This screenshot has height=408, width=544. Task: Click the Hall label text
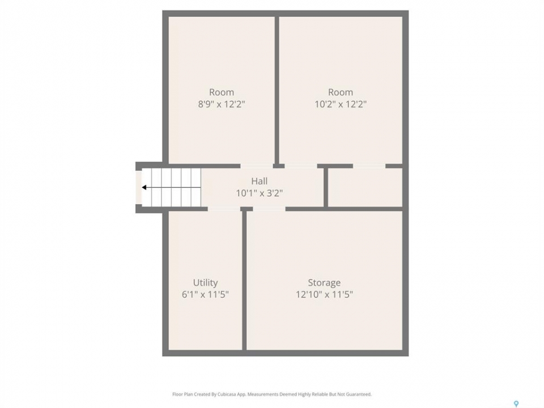coord(259,181)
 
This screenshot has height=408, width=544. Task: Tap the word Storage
coord(324,283)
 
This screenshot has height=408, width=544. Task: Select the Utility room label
coord(205,283)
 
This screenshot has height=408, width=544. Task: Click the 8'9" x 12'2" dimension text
coord(222,104)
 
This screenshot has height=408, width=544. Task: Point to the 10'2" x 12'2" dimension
coord(341,104)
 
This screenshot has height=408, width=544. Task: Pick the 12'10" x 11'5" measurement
coord(324,295)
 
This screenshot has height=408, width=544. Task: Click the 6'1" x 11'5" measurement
coord(205,295)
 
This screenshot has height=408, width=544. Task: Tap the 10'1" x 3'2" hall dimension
coord(259,193)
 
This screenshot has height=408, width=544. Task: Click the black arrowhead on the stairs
coord(144,188)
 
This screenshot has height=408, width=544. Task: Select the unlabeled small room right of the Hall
coord(365,188)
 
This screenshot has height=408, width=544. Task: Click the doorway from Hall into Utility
coord(224,209)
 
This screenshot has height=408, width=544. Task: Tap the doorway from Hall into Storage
coord(269,209)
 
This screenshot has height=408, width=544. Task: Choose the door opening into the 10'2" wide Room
coord(301,166)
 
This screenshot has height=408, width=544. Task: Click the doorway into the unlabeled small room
coord(369,166)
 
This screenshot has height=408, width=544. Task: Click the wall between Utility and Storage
coord(244,280)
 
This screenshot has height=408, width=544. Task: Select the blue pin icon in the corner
coord(516,403)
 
